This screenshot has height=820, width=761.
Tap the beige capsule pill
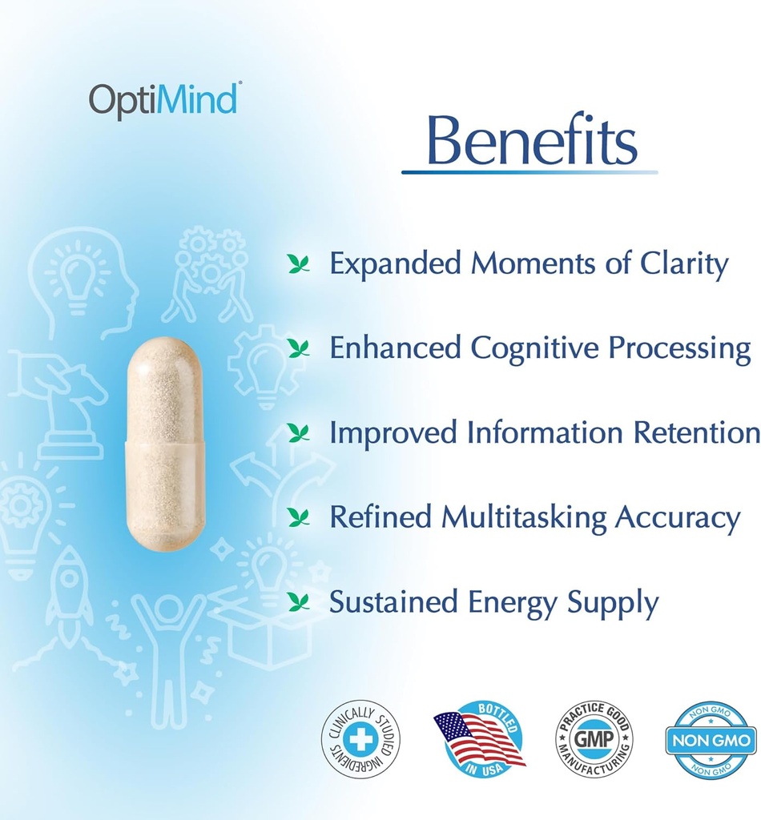166,444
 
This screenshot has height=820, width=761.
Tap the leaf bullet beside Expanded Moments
299,264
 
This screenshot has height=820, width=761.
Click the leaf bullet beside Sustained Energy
299,601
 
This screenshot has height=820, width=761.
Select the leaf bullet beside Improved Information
299,433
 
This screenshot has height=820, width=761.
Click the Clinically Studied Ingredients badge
360,738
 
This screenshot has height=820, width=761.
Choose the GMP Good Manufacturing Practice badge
594,738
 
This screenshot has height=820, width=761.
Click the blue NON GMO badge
711,740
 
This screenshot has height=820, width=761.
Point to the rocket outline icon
69,589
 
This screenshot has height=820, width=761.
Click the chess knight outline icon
68,404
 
